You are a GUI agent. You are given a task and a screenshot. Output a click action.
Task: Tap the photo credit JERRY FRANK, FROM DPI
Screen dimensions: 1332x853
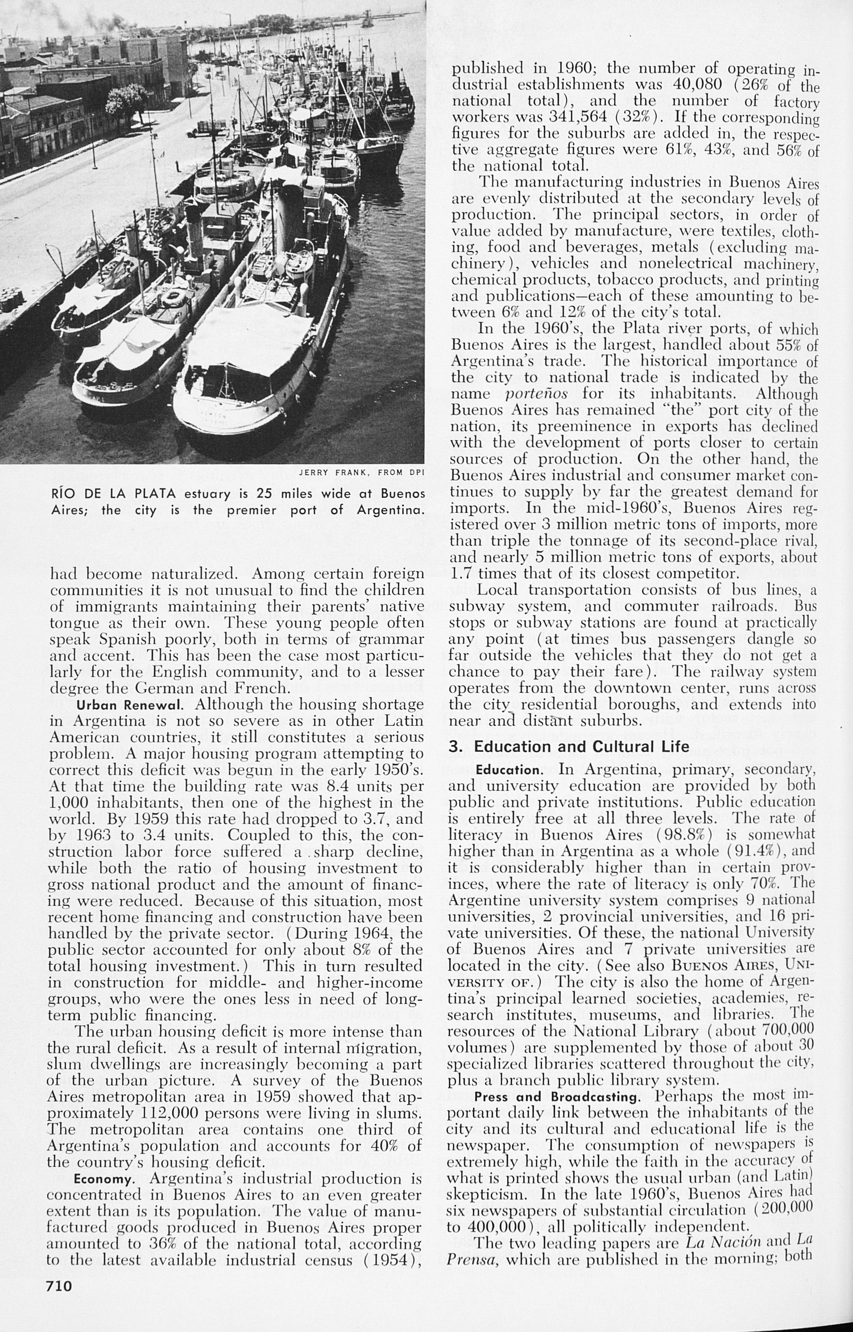tap(361, 473)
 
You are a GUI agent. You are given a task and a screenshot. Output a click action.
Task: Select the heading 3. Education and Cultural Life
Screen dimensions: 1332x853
tap(569, 746)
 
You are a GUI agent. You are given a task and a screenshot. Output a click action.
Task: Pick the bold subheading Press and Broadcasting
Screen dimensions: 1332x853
tap(560, 1096)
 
